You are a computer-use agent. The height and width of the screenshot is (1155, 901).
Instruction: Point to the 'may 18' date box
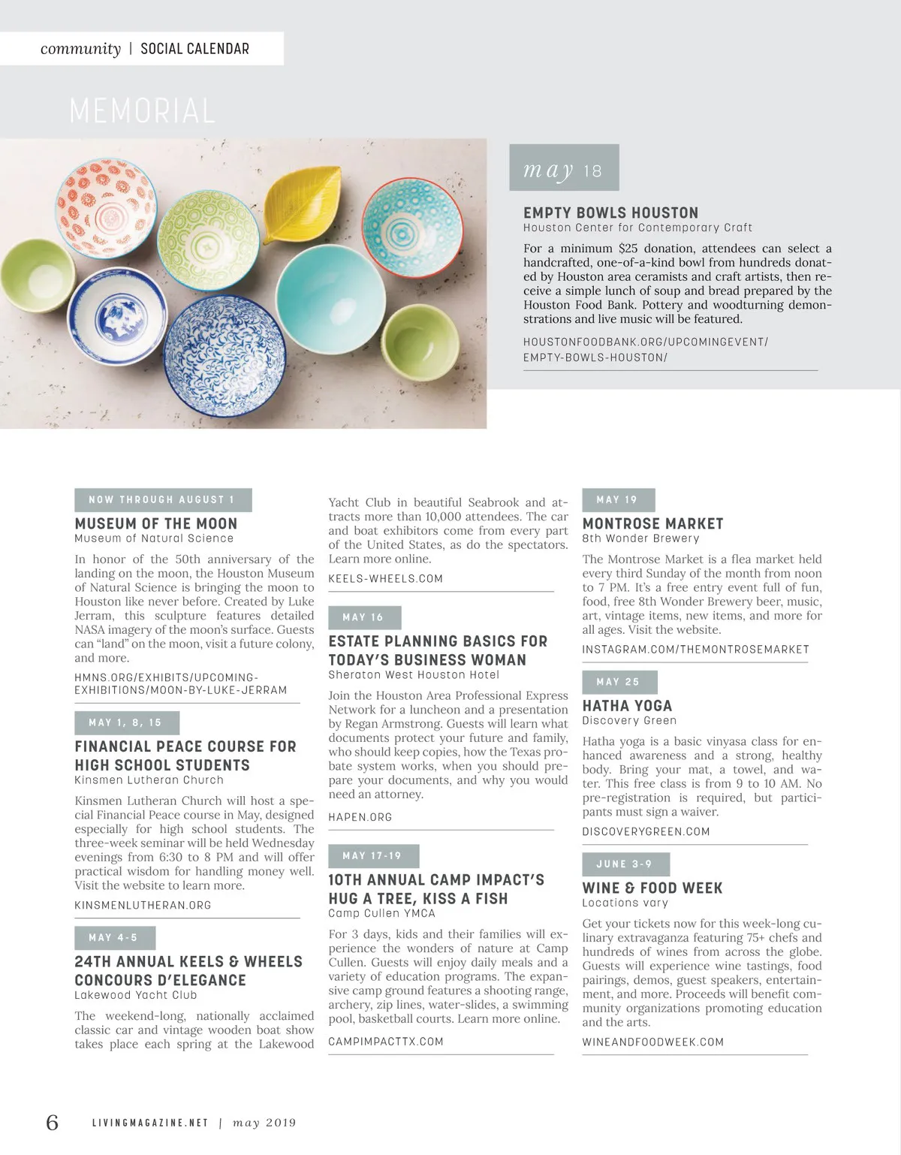564,168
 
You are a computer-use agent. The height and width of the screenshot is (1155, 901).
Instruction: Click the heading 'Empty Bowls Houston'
610,213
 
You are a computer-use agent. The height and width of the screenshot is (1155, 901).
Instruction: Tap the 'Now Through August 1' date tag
162,499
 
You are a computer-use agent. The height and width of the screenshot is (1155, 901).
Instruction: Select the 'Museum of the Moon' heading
155,523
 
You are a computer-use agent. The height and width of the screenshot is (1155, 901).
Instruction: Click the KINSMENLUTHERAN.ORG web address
143,905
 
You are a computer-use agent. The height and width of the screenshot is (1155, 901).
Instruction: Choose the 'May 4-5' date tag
114,937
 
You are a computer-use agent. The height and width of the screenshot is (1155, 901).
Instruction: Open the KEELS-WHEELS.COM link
385,578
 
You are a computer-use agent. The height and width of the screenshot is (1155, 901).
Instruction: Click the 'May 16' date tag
364,617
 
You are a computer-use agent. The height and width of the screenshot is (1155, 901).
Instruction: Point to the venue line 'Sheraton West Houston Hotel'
413,674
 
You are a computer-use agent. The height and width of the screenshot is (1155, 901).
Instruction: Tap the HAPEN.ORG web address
360,816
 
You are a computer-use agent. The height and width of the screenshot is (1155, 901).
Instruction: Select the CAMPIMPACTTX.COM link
385,1041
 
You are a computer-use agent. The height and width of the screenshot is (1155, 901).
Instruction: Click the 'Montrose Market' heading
652,523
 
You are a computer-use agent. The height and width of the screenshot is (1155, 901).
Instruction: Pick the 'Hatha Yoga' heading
627,705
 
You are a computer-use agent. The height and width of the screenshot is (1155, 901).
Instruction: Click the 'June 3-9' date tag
625,864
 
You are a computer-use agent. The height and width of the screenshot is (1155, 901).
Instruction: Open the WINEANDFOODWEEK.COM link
652,1042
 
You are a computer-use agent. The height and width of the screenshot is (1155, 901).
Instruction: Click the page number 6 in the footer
52,1122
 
